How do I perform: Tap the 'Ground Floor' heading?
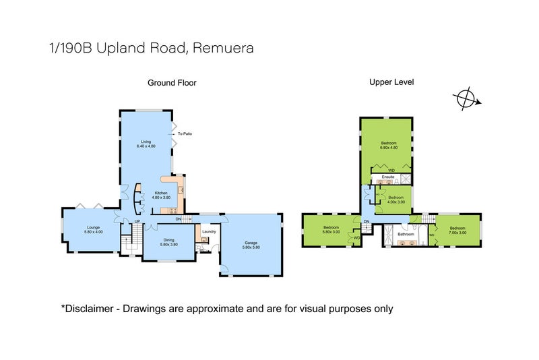172,83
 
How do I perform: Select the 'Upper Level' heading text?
391,82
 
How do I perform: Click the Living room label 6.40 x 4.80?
146,144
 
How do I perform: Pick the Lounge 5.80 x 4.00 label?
93,230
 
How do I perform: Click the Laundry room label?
208,231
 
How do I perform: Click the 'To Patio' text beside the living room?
185,134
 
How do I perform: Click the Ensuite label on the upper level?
387,177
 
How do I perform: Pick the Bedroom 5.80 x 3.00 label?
331,230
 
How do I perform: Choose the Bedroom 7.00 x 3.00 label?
457,230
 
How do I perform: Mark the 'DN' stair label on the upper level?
367,222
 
